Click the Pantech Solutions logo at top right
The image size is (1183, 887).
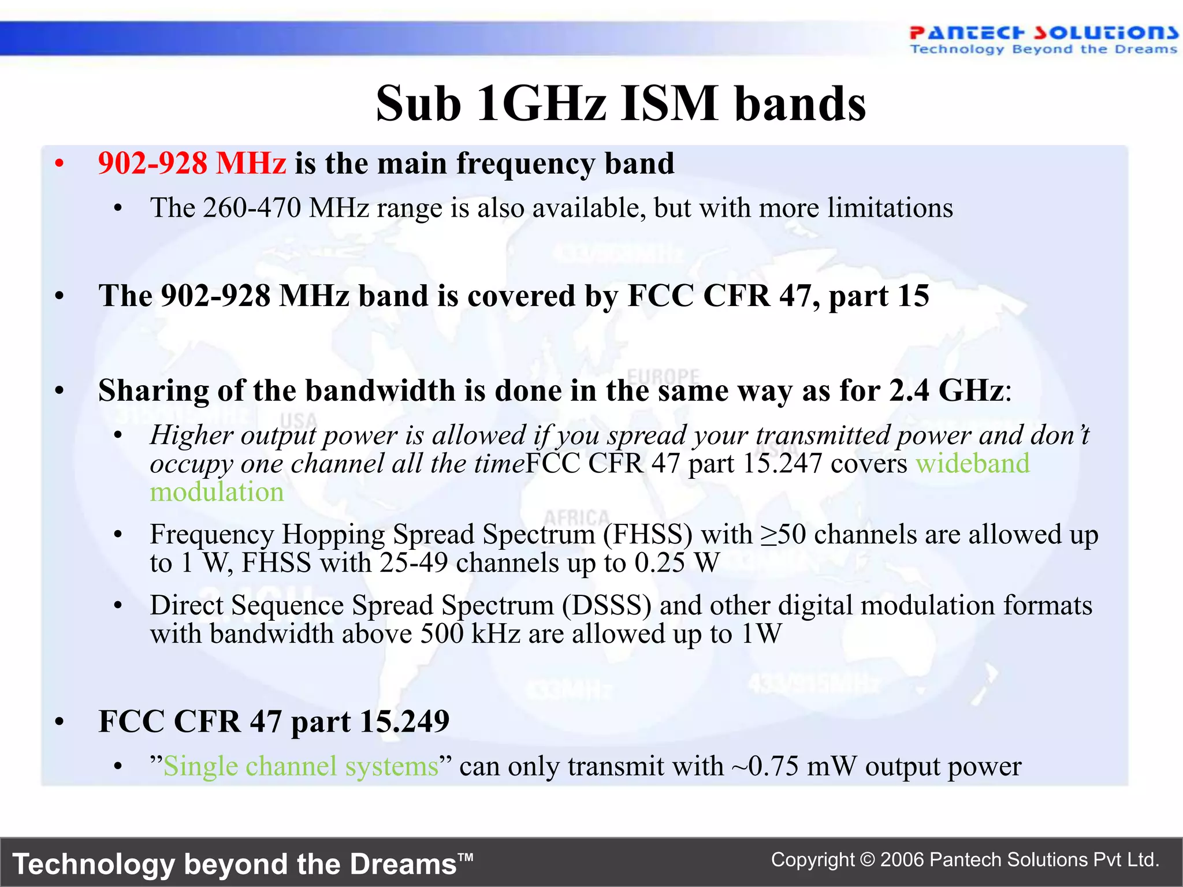point(1043,39)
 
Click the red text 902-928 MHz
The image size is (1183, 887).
point(192,163)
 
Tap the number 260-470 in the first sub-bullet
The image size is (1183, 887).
point(252,208)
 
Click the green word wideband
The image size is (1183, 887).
point(973,464)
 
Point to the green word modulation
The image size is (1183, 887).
point(217,493)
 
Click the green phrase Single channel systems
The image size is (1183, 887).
point(301,767)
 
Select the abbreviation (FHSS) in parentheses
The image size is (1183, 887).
point(648,535)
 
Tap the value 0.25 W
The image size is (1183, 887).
point(676,563)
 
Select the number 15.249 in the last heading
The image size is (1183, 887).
point(404,722)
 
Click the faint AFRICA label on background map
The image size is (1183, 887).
point(576,517)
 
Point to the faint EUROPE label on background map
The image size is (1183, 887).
point(663,376)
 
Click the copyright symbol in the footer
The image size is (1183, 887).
point(867,860)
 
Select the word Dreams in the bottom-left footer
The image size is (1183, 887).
point(403,864)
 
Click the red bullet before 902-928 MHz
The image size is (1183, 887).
point(59,164)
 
